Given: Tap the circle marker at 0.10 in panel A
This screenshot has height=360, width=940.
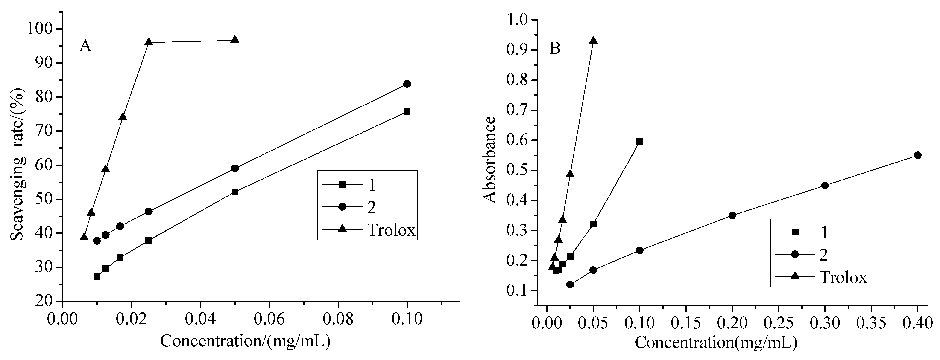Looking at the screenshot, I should pyautogui.click(x=407, y=84).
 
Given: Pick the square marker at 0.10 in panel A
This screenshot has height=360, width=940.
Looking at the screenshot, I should pyautogui.click(x=407, y=112).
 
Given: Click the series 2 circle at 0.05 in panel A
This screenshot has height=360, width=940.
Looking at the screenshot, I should pyautogui.click(x=235, y=168).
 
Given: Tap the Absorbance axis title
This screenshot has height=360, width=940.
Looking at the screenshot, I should pyautogui.click(x=489, y=159).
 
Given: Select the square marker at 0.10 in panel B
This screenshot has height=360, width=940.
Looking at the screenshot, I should pyautogui.click(x=639, y=142).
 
